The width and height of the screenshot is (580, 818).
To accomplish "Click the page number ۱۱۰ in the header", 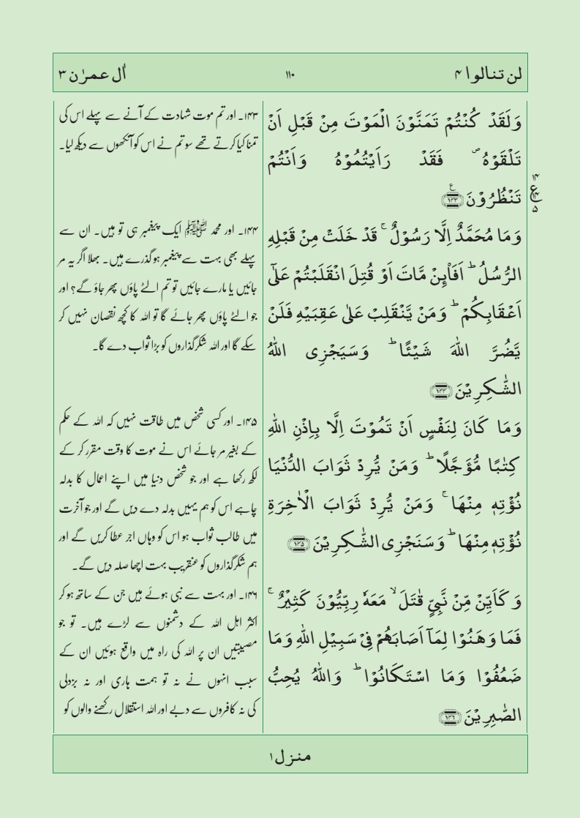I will click(x=290, y=75).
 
